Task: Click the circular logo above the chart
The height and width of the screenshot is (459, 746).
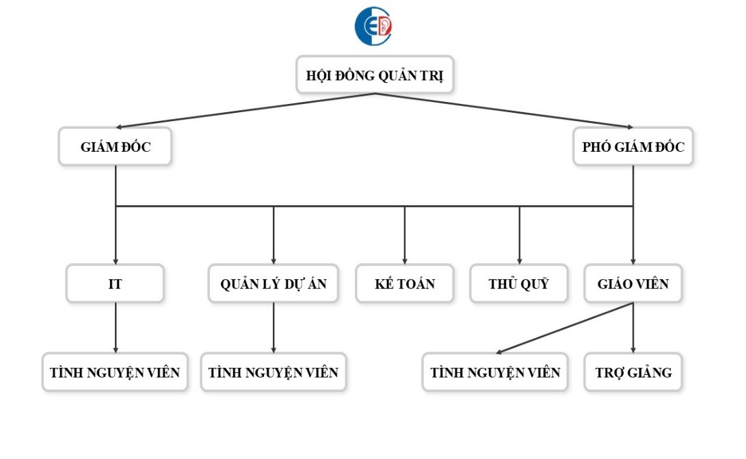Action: (373, 26)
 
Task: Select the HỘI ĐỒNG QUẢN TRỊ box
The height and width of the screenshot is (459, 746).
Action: (375, 75)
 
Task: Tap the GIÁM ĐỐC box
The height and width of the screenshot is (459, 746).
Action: (115, 146)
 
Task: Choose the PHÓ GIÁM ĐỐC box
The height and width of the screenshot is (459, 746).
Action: (632, 146)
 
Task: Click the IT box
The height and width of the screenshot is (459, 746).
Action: (115, 283)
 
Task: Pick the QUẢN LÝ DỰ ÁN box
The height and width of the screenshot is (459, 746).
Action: (274, 283)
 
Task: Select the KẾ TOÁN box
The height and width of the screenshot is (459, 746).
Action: (404, 283)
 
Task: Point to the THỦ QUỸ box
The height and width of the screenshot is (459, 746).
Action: (518, 283)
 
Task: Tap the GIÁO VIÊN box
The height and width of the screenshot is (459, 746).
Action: (632, 283)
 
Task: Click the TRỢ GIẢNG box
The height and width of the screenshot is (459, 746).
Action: (632, 372)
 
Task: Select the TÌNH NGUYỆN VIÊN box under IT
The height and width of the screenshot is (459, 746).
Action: (115, 372)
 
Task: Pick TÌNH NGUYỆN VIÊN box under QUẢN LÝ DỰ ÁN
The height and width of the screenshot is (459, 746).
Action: (274, 372)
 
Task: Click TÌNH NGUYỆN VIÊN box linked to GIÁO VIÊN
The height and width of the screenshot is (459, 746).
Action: (494, 372)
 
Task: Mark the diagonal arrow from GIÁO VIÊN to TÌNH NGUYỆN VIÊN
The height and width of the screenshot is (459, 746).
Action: (564, 328)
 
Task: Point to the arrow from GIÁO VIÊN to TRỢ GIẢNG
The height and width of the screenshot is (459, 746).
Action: (632, 328)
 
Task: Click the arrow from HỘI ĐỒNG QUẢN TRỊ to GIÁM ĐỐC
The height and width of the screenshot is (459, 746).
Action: (246, 110)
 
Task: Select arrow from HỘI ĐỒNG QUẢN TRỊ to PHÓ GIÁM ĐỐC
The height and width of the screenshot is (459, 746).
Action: (504, 110)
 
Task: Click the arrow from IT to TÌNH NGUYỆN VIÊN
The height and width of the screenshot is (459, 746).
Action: (115, 328)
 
